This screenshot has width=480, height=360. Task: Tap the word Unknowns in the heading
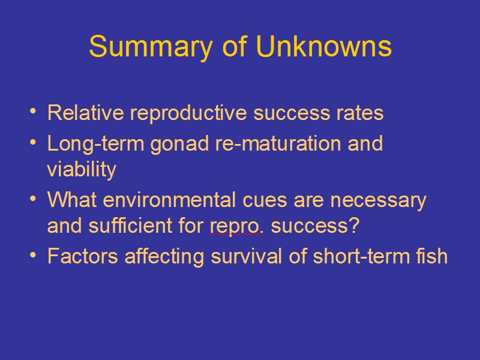324,46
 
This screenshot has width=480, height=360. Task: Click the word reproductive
188,114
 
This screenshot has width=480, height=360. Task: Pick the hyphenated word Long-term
96,144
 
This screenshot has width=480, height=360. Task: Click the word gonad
179,144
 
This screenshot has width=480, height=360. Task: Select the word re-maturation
278,143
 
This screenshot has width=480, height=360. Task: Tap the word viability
82,170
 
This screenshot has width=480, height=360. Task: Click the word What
72,200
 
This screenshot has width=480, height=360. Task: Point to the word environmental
169,200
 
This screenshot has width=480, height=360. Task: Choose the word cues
265,201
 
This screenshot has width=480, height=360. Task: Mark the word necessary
379,202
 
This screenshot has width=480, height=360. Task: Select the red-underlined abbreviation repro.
236,227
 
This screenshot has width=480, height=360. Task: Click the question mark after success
354,226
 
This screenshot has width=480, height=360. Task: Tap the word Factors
83,256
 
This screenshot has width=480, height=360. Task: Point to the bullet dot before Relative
33,112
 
